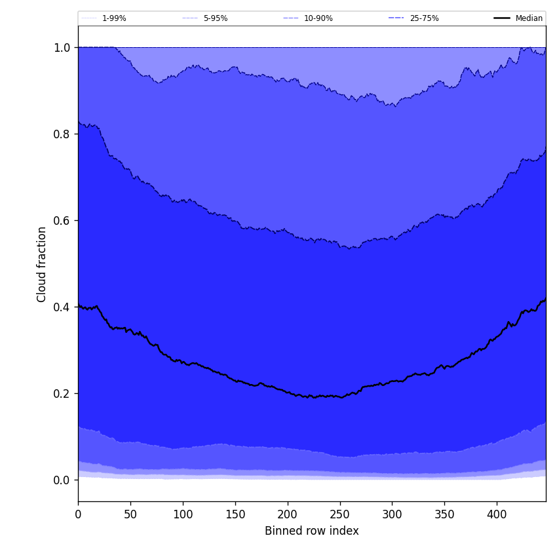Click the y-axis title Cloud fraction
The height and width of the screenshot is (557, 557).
tap(42, 264)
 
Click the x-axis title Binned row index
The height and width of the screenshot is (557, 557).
tap(312, 531)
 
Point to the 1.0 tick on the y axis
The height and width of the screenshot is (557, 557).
tap(62, 48)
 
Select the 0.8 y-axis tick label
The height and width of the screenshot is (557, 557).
tap(62, 134)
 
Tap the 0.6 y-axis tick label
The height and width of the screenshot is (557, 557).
tap(62, 221)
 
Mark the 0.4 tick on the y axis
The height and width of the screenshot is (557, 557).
tap(62, 307)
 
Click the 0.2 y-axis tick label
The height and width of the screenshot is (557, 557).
tap(62, 394)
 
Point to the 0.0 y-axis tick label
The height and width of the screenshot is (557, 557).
tap(62, 480)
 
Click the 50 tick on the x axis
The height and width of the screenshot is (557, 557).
tap(130, 514)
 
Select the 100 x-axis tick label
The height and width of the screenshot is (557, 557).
tap(183, 514)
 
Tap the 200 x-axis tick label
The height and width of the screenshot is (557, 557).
tap(288, 514)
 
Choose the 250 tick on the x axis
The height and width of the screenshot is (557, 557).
tap(339, 514)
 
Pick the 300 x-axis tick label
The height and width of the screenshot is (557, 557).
tap(392, 514)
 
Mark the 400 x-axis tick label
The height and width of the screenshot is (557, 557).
tap(497, 514)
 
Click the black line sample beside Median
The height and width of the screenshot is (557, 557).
tap(502, 18)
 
